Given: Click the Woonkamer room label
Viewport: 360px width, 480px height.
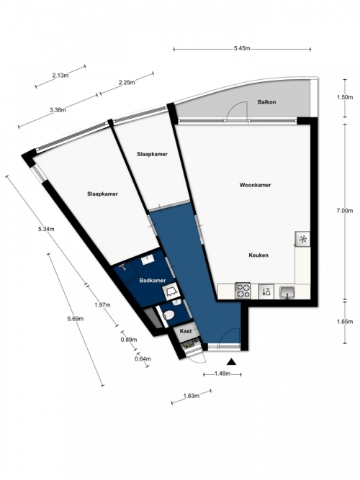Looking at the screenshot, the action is tap(255, 185).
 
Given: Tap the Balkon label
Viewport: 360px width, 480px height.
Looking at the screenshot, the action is tap(266, 102).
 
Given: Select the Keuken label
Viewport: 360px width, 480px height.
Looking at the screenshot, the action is tap(258, 255).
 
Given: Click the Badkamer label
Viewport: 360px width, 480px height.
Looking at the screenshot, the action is tap(153, 281).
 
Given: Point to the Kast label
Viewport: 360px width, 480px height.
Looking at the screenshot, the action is tap(186, 331).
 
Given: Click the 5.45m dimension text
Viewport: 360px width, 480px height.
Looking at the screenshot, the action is tap(242, 48).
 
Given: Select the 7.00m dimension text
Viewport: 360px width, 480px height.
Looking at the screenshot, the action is tap(345, 211).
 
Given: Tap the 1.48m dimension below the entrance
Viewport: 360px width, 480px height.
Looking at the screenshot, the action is tap(222, 373).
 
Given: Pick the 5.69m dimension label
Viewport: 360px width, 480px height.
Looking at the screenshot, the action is tap(76, 319).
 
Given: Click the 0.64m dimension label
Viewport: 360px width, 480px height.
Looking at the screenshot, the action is tap(143, 358).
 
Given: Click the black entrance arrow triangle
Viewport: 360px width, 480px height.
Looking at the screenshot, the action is tap(232, 362).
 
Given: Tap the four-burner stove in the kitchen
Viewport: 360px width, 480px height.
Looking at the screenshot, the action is tap(243, 291).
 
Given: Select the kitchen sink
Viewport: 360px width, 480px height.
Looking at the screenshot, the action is tap(287, 291).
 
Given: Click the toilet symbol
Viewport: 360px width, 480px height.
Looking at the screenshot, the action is tap(168, 315).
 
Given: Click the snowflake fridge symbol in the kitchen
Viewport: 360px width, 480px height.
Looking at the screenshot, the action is tap(302, 239).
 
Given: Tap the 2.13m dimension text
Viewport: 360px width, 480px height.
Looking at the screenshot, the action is tap(60, 76).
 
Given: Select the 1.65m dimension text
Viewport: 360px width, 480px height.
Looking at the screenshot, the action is tap(345, 322).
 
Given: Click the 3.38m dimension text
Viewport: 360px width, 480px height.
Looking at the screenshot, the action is tap(58, 109).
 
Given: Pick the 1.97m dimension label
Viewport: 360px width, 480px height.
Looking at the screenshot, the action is tap(102, 305).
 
